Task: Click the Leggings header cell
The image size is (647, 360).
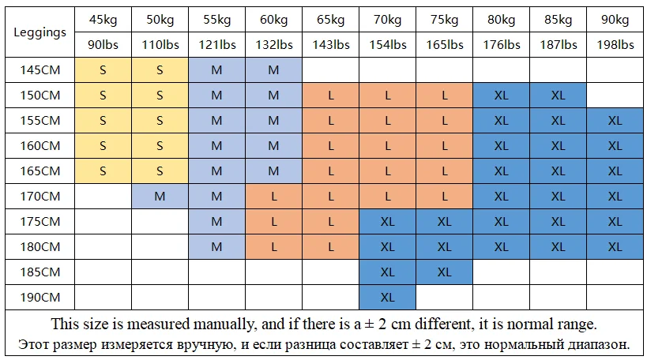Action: [39, 32]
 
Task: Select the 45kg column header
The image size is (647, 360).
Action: [103, 20]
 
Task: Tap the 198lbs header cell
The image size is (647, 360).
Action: [615, 45]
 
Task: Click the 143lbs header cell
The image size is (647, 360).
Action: [330, 45]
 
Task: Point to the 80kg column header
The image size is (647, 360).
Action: [501, 20]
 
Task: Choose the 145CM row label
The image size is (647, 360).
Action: [39, 70]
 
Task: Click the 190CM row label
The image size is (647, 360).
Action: [39, 298]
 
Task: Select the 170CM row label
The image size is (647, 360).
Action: [39, 197]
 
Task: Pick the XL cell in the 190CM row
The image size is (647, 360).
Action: [387, 298]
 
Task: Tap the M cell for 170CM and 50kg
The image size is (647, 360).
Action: [160, 197]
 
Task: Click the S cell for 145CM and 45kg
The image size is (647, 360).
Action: [103, 70]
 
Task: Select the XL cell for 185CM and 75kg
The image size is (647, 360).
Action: [444, 272]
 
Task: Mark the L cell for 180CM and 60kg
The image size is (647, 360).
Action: [273, 247]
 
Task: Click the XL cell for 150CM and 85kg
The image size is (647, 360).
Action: [558, 96]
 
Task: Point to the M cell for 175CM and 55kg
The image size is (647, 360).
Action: [216, 222]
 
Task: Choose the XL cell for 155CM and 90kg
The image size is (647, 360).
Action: [615, 121]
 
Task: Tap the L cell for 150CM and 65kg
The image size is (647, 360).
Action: [330, 96]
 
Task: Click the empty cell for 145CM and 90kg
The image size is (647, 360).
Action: [615, 70]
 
